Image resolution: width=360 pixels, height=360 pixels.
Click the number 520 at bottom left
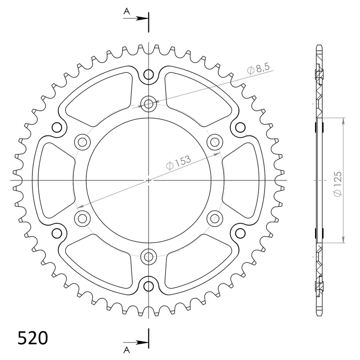[33, 338]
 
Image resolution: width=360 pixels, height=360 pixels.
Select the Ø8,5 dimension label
[258, 69]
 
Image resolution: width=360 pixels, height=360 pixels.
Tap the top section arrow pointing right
[143, 18]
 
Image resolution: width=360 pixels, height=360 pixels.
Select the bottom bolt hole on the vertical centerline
[148, 257]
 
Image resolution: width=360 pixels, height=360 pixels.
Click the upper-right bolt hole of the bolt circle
[215, 142]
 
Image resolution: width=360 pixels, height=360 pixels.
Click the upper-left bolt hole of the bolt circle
[82, 142]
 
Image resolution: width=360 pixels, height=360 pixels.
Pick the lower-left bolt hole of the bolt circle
[82, 219]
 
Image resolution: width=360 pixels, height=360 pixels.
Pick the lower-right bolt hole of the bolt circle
[215, 219]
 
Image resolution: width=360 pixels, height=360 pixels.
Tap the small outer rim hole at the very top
[148, 75]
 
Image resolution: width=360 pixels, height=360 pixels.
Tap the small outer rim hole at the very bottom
[148, 286]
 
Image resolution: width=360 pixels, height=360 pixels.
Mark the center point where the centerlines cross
[148, 180]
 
